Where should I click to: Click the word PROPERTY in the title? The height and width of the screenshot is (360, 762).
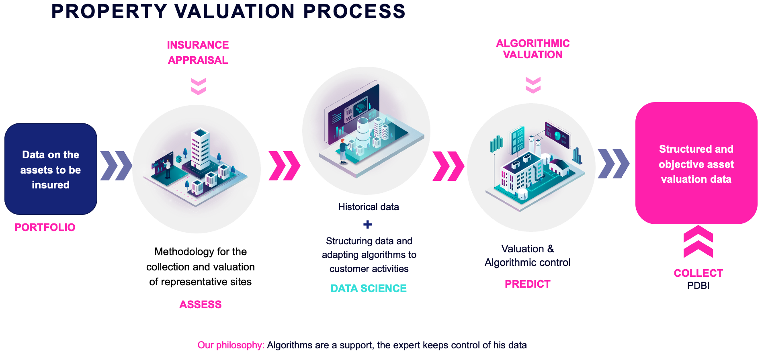109,11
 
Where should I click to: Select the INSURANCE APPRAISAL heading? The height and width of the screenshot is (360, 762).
198,53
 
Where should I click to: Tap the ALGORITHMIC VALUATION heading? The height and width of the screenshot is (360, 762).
533,49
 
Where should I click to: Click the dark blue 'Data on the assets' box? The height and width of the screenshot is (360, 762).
51,169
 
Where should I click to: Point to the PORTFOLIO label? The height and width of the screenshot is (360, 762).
45,227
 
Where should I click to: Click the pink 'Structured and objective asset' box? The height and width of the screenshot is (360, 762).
696,163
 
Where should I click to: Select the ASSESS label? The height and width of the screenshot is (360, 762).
201,305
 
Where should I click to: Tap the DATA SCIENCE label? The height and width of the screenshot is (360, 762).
369,288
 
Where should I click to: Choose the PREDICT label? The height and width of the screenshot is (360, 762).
528,284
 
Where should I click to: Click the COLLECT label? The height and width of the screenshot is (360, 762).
698,273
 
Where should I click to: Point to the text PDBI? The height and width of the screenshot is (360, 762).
698,286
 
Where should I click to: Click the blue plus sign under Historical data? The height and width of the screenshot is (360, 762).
367,225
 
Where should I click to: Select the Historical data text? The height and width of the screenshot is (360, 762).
369,207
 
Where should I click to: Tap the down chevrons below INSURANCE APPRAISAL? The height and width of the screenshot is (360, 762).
198,86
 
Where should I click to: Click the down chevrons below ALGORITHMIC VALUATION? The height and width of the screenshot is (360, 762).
533,85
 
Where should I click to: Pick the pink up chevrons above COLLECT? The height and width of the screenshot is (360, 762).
698,241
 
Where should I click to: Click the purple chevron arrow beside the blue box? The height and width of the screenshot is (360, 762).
116,166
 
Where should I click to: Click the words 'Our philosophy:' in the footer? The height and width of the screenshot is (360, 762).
231,345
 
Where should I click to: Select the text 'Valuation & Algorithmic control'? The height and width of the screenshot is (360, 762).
528,256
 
